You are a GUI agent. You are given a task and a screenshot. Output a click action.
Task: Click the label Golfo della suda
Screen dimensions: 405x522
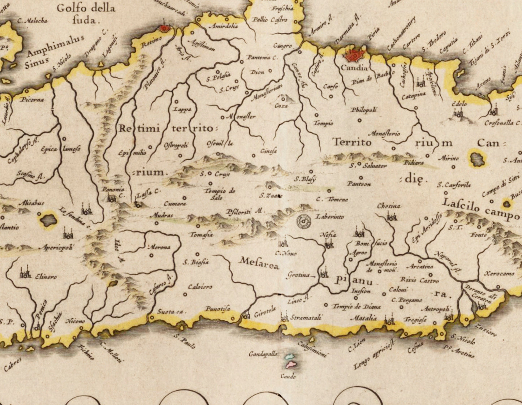click(x=86, y=13)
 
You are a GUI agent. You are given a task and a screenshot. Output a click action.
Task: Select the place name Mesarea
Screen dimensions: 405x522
click(x=259, y=263)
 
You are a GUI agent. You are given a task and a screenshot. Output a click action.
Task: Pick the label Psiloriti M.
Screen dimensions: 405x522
click(x=245, y=212)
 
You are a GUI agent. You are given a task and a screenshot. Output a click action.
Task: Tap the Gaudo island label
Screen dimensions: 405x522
click(x=288, y=376)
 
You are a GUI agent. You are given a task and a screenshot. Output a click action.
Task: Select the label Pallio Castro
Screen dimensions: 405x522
click(x=270, y=20)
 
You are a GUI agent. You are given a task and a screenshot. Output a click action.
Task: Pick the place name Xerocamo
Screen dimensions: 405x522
click(x=500, y=273)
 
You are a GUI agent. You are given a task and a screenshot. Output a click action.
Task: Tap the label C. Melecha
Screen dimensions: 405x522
click(x=32, y=21)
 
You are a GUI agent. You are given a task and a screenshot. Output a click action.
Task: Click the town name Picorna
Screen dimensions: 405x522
click(x=33, y=99)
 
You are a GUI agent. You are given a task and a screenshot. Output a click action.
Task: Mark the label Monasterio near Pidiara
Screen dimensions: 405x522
click(x=386, y=133)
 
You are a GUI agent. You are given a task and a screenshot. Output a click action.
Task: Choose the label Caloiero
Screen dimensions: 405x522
click(x=200, y=287)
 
